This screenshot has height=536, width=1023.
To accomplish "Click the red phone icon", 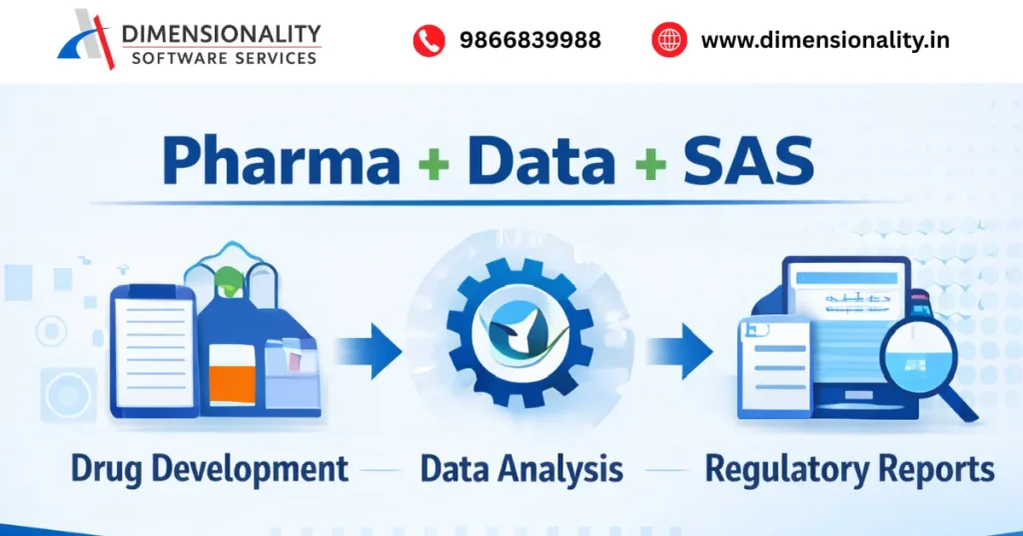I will coord(429,41).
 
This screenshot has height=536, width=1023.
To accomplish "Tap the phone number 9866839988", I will coord(529,41).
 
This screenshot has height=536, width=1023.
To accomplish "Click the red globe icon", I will coord(668,41).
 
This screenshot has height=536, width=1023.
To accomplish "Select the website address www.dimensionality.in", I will coord(824,41).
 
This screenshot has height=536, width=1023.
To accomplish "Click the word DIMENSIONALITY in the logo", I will coord(221,33).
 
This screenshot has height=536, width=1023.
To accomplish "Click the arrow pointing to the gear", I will coord(370,352).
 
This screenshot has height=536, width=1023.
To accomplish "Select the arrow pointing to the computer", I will coord(678,352).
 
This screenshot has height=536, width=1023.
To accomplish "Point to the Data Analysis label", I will coord(521,468).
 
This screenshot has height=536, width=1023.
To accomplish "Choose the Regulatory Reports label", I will coord(849,468).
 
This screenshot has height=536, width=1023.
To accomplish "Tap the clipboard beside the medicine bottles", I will coord(153,350).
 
